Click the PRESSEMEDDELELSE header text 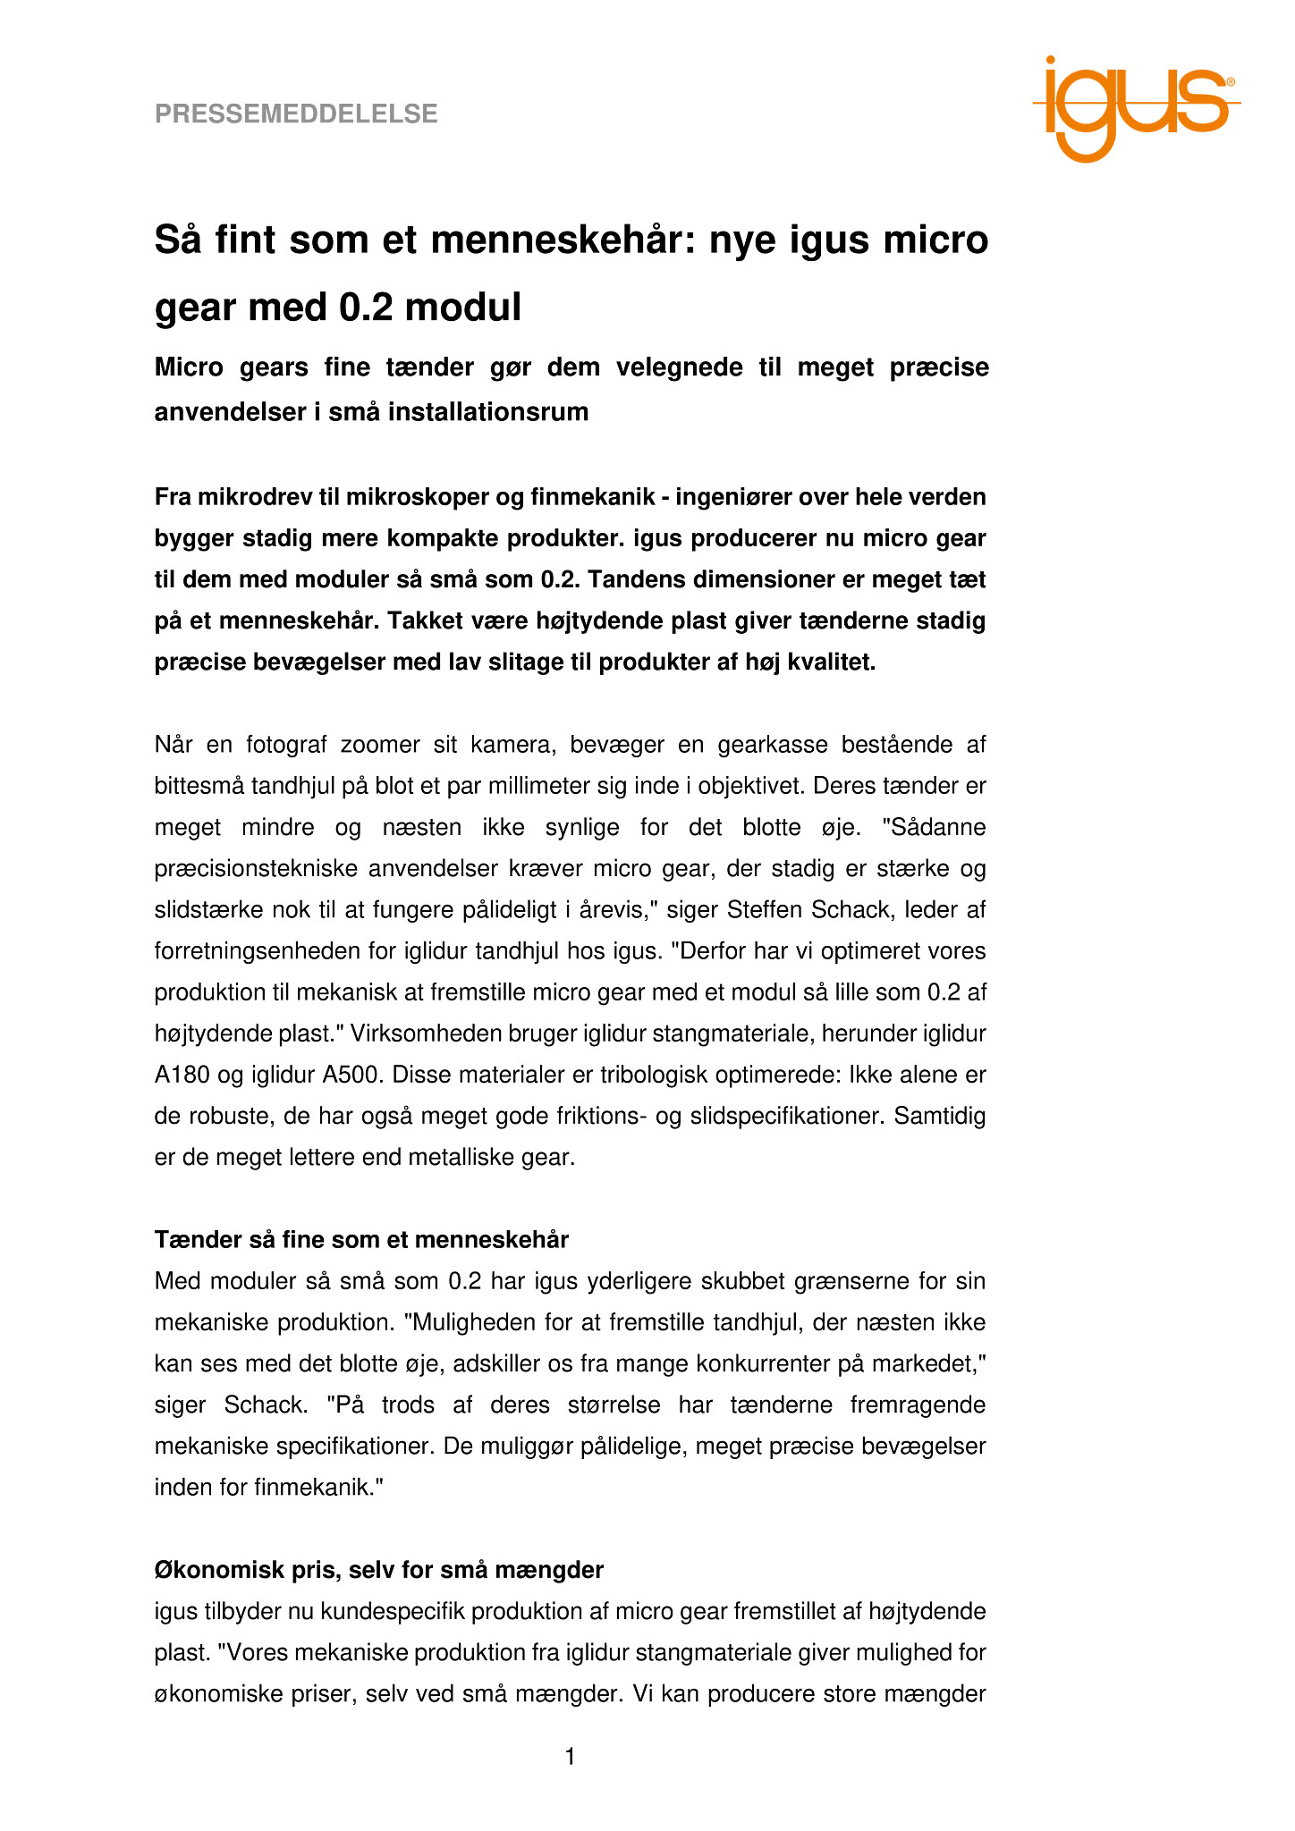click(x=296, y=114)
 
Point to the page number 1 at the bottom click(x=571, y=1757)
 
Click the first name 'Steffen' click(x=762, y=910)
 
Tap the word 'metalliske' click(x=464, y=1158)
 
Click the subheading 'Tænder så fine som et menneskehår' click(x=361, y=1240)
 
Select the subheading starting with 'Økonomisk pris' click(x=378, y=1570)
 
